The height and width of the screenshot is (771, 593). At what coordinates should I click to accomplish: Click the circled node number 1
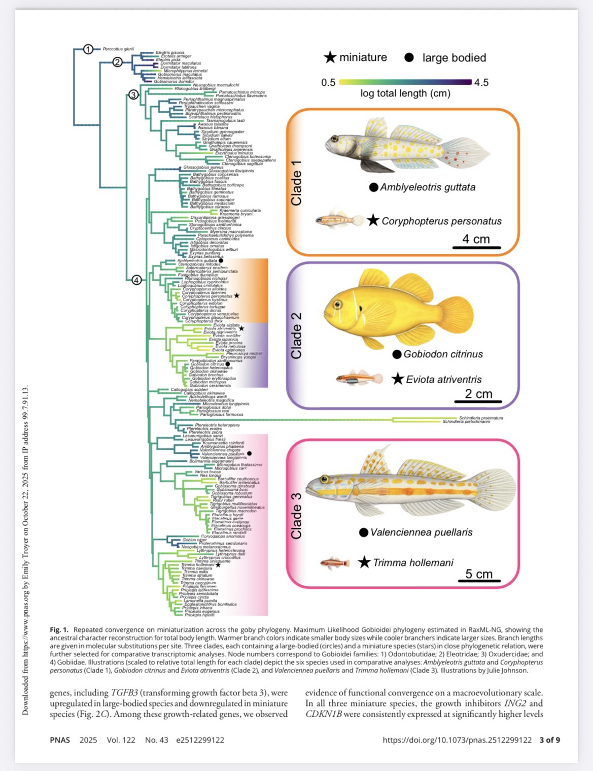click(x=88, y=49)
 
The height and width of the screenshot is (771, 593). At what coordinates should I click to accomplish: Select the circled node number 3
click(x=133, y=94)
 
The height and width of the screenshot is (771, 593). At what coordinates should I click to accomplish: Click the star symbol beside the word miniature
click(x=330, y=58)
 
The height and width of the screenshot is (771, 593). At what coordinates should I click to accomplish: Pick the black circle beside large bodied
click(x=409, y=58)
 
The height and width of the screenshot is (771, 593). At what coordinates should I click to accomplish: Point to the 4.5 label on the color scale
click(x=481, y=82)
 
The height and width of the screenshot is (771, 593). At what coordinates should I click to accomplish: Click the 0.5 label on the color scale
click(x=328, y=82)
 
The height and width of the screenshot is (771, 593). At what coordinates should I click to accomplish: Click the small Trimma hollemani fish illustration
click(x=335, y=563)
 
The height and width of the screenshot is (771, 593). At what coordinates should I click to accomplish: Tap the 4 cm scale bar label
click(x=476, y=239)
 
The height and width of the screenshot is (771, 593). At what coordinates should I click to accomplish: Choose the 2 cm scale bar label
click(x=478, y=393)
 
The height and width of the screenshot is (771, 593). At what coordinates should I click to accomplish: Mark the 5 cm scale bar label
click(x=479, y=574)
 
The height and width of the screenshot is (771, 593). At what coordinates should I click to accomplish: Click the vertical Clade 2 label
click(x=296, y=335)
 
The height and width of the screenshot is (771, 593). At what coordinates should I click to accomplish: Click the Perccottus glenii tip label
click(x=118, y=49)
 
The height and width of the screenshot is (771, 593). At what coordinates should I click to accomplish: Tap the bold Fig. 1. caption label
click(x=59, y=630)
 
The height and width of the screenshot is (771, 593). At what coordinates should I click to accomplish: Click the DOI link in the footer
click(x=457, y=740)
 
